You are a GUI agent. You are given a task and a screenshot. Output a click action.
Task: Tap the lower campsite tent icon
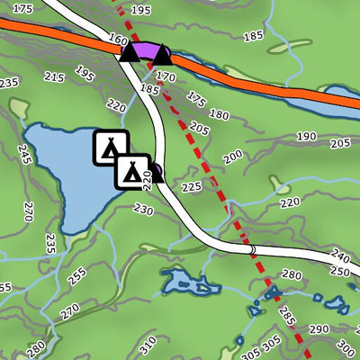tap(131, 170)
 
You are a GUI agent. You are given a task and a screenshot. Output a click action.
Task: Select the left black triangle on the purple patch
tap(130, 54)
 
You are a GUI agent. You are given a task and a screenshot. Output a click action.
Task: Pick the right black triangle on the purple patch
tap(161, 57)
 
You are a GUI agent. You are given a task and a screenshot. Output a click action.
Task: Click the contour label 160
tap(118, 40)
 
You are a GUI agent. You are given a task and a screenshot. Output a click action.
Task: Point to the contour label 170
tap(166, 77)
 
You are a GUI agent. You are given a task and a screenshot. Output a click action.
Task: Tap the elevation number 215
tap(54, 77)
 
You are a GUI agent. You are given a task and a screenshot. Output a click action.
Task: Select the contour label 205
tap(200, 130)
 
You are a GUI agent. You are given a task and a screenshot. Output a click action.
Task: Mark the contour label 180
tap(218, 114)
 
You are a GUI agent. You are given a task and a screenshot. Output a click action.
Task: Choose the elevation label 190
tap(306, 136)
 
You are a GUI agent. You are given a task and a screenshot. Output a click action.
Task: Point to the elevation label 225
tap(191, 187)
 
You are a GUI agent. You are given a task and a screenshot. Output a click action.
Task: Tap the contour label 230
tap(143, 209)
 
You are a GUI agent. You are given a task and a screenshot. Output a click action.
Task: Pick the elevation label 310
tap(147, 341)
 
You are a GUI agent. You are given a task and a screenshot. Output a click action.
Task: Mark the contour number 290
tap(319, 329)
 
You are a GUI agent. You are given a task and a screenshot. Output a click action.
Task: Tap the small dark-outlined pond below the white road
tap(190, 283)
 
